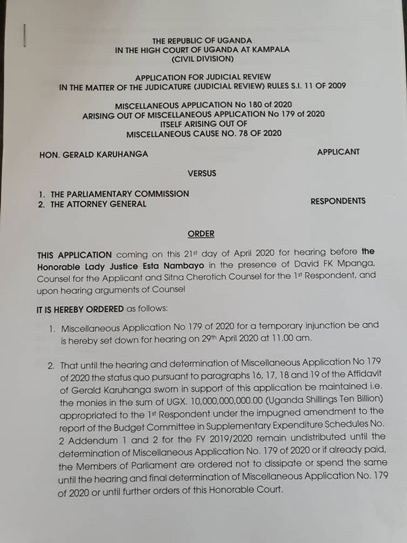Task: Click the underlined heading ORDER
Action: click(200, 234)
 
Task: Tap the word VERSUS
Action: click(200, 174)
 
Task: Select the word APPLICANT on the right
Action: click(338, 152)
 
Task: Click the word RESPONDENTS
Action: click(338, 202)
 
